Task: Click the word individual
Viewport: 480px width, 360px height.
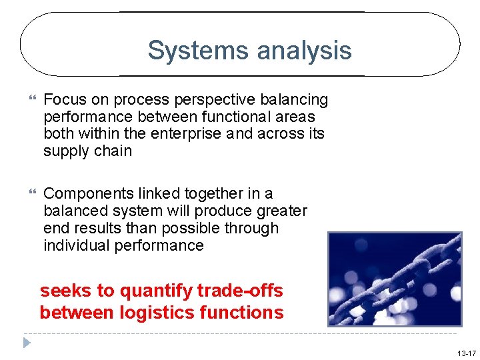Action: tap(77, 245)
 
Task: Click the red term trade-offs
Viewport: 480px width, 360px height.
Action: tap(240, 291)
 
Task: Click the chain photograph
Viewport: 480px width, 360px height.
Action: tap(395, 279)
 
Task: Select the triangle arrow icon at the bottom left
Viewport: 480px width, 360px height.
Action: tap(26, 343)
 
